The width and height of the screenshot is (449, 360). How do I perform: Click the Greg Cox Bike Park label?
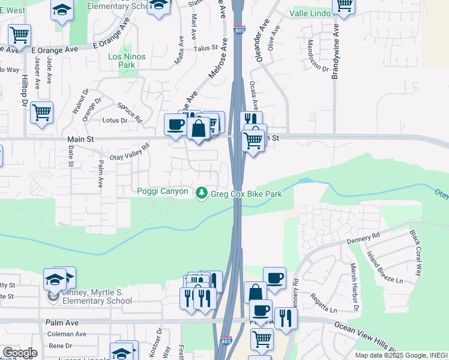[246, 194]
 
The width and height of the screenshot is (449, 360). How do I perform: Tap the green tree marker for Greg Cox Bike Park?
[202, 192]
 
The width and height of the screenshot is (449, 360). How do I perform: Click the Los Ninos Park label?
[126, 61]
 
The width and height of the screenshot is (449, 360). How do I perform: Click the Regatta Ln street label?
[324, 302]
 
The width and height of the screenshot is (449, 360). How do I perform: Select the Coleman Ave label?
[68, 334]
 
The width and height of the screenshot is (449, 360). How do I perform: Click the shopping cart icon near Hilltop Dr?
[41, 112]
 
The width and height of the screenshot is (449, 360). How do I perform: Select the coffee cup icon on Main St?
[175, 124]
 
